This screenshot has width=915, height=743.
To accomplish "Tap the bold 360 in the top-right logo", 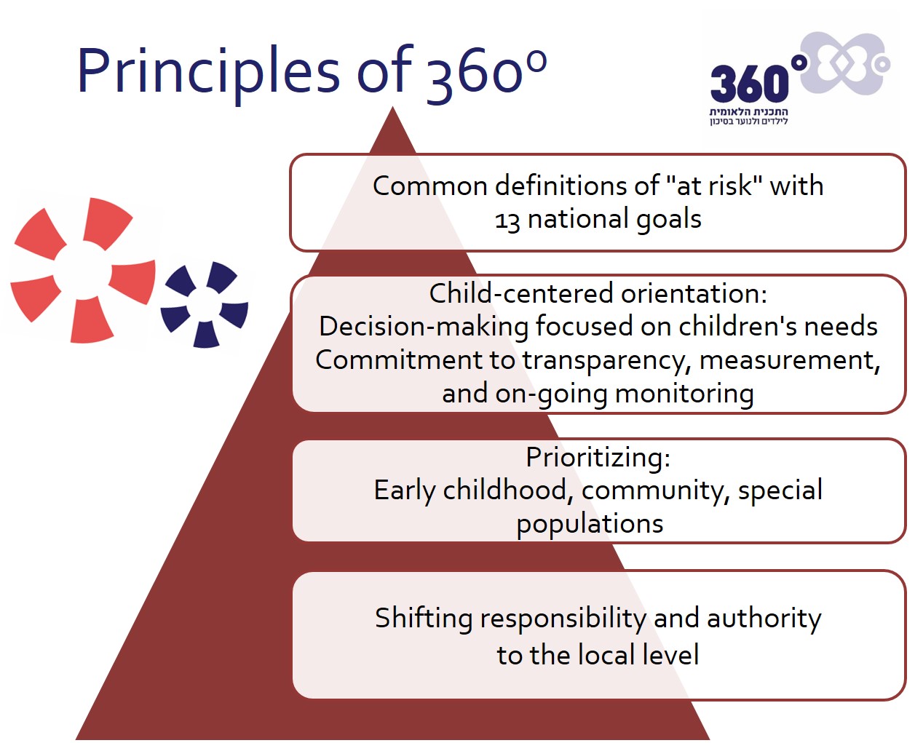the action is click(750, 83).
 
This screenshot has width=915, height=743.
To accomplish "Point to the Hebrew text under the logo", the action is click(749, 116).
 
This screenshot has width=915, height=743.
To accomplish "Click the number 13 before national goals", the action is click(507, 220).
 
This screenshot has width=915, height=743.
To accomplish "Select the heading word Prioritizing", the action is click(598, 457).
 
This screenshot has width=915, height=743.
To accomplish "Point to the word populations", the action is click(590, 525).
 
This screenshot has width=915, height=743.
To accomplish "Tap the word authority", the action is click(764, 619).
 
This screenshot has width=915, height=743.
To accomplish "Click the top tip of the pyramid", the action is click(392, 107).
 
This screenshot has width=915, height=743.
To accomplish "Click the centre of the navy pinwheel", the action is click(205, 305).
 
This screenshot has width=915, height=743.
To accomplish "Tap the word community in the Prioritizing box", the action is click(655, 491).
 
